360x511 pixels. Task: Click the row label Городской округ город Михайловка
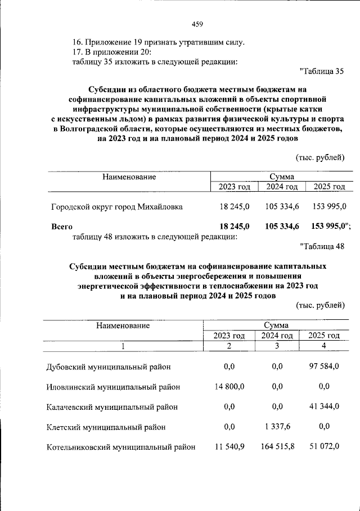116,206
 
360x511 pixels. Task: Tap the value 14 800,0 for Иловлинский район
229,387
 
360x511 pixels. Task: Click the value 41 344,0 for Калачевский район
324,406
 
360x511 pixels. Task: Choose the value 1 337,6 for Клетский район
276,427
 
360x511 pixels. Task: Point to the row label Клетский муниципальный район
106,427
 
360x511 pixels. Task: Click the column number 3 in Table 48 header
277,346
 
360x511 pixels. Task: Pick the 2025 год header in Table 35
329,187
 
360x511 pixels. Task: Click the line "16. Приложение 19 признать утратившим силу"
159,42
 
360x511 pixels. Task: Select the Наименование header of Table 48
123,325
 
